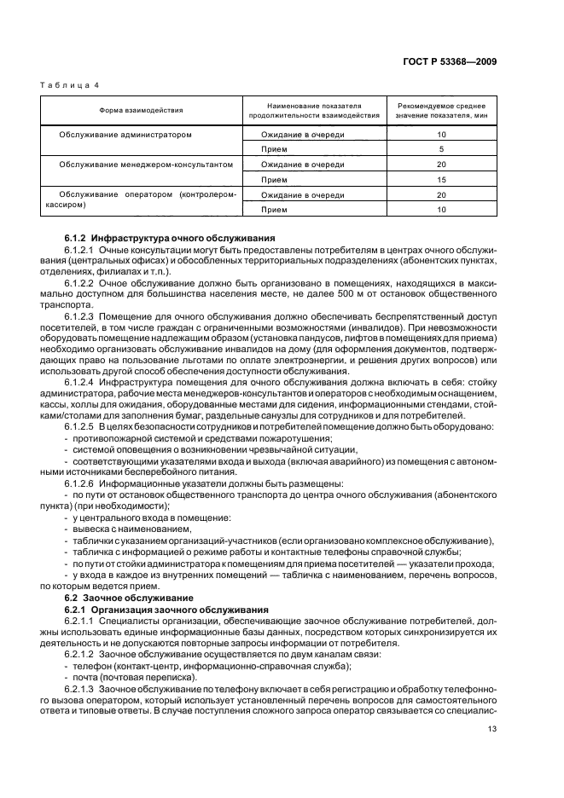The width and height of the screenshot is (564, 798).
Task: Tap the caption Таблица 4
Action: pyautogui.click(x=70, y=86)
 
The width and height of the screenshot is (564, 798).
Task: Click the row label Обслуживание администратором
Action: pyautogui.click(x=125, y=135)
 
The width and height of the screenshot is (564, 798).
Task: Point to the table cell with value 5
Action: pyautogui.click(x=441, y=149)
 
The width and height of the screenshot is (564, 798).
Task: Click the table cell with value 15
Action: pyautogui.click(x=441, y=179)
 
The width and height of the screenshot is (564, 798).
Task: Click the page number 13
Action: pyautogui.click(x=491, y=728)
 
